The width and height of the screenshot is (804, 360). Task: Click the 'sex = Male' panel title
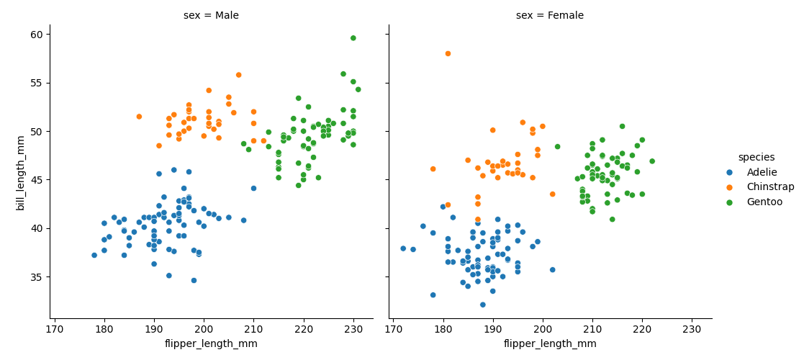click(x=211, y=16)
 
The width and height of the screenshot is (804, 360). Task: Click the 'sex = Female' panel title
click(x=550, y=16)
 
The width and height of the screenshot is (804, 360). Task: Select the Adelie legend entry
click(x=762, y=172)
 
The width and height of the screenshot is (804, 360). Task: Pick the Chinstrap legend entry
click(x=770, y=187)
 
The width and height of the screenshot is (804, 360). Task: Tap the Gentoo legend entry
click(x=764, y=202)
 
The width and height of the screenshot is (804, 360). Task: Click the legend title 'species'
click(x=756, y=157)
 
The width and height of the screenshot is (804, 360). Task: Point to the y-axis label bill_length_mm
click(x=21, y=173)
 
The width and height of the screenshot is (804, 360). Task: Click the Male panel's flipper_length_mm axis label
click(x=211, y=344)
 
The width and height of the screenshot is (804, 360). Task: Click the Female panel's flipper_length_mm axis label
click(x=550, y=344)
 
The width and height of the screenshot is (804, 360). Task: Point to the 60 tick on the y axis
click(x=36, y=35)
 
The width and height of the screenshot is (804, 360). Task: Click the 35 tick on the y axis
click(x=36, y=277)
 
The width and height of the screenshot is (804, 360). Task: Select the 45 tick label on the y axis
click(x=36, y=180)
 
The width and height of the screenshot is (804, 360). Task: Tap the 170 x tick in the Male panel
click(x=55, y=329)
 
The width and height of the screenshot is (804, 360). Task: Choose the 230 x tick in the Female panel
click(x=692, y=329)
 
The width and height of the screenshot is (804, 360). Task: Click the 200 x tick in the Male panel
click(x=204, y=329)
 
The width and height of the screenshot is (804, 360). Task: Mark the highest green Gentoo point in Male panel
click(x=353, y=38)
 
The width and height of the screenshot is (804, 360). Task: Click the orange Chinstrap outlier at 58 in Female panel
click(x=448, y=53)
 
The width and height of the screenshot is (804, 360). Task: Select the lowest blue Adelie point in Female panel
click(x=482, y=305)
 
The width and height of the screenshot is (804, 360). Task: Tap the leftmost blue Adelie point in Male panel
click(x=94, y=255)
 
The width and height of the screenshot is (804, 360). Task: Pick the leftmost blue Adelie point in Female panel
click(x=403, y=248)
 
